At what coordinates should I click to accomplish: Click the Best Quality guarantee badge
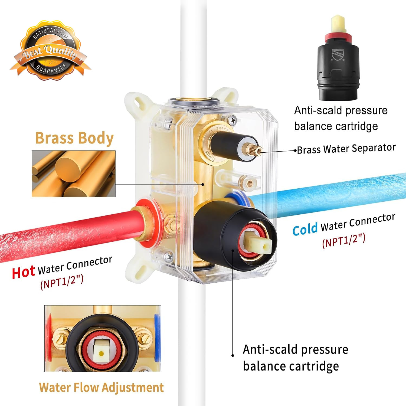tap(50, 50)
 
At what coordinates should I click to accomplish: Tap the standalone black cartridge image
tap(338, 58)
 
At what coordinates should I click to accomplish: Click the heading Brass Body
tap(74, 139)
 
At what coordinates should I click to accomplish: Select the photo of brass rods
tap(74, 174)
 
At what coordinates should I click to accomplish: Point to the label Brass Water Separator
tap(346, 149)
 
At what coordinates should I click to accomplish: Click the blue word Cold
tap(305, 230)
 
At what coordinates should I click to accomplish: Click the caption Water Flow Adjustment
tap(101, 387)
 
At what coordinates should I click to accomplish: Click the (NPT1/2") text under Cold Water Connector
tap(344, 240)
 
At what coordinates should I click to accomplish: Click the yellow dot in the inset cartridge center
tap(101, 353)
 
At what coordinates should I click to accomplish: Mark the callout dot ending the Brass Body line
tap(203, 185)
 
